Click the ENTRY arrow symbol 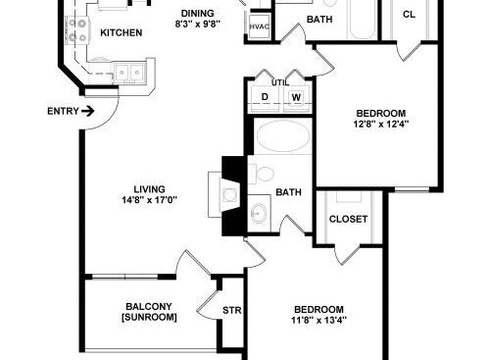[x=88, y=112]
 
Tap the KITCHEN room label [x=122, y=32]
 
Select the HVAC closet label [x=260, y=26]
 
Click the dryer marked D [x=265, y=97]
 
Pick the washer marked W [x=296, y=97]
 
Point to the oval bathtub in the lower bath [x=283, y=136]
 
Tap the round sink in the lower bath [x=260, y=213]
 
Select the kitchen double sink [x=129, y=72]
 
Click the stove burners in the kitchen [x=77, y=30]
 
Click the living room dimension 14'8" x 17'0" [x=150, y=200]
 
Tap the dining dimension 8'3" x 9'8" [x=198, y=24]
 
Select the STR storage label [x=232, y=310]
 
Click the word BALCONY [x=149, y=307]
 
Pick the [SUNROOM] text [x=149, y=317]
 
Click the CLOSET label [x=348, y=219]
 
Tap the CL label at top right [x=410, y=15]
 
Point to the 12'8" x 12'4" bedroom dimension [x=381, y=125]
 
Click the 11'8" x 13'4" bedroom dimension [x=318, y=320]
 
